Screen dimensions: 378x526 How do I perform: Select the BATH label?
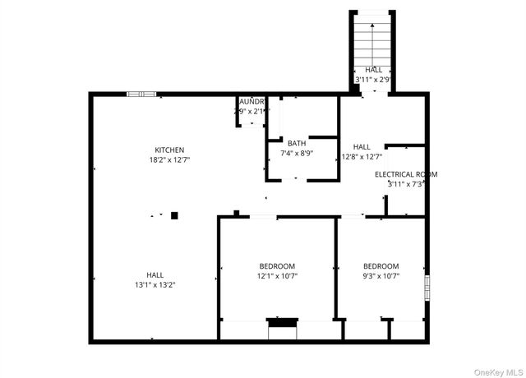click(x=297, y=143)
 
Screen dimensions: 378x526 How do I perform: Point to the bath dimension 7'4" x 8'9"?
click(x=297, y=153)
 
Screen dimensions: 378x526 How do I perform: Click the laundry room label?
click(x=250, y=101)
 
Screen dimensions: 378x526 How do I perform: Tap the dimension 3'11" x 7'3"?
click(x=406, y=184)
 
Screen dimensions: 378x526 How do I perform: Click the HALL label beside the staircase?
click(x=374, y=70)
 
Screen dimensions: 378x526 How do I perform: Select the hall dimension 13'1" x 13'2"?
click(x=155, y=284)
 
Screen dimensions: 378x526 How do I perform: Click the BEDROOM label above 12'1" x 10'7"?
click(x=277, y=266)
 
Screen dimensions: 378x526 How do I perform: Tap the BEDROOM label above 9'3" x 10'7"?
click(x=381, y=266)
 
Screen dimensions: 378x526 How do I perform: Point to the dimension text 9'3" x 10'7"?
click(x=381, y=276)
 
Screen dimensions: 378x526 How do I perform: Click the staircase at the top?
click(x=374, y=37)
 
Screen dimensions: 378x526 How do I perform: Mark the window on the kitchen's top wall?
click(x=141, y=94)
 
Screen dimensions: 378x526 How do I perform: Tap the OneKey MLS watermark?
click(x=498, y=369)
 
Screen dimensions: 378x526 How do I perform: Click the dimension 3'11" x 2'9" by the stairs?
click(x=374, y=80)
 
